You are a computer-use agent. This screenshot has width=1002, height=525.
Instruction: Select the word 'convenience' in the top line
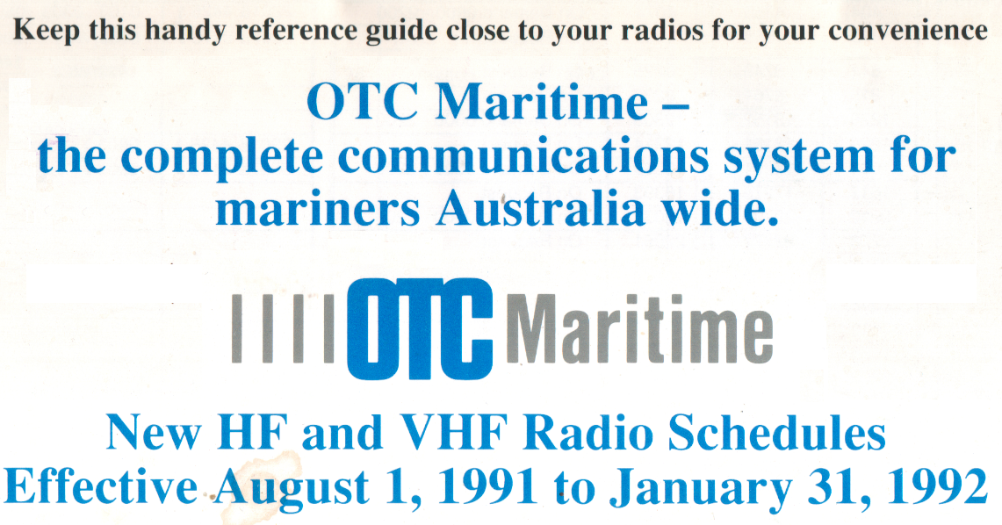point(908,30)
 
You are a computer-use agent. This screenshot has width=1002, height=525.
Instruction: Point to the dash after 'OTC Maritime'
point(673,106)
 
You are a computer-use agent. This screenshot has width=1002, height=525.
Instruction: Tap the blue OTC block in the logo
point(421,329)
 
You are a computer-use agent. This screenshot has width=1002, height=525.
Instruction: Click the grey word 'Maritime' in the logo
point(639,329)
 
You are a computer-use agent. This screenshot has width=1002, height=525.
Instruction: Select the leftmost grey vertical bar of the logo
point(236,329)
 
